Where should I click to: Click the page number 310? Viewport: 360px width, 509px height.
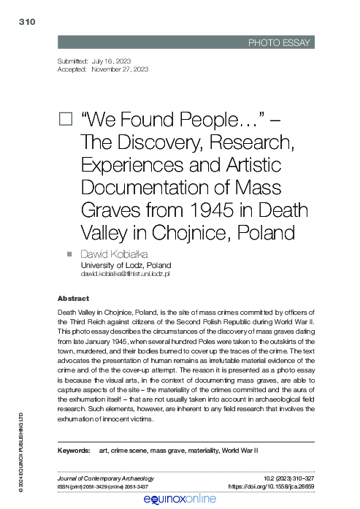point(26,23)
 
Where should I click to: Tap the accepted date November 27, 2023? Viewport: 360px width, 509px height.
point(120,69)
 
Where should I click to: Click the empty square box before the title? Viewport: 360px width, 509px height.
point(64,119)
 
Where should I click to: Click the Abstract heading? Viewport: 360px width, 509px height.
point(73,299)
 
